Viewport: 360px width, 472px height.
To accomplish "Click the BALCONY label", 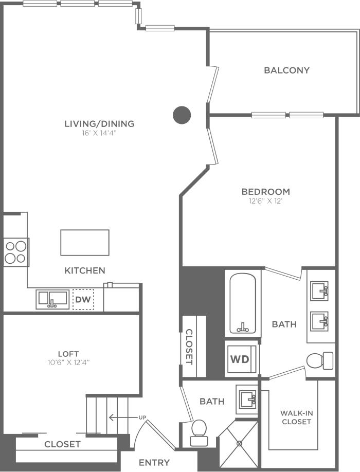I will click(286, 70).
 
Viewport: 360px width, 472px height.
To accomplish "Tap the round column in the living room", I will click(182, 115).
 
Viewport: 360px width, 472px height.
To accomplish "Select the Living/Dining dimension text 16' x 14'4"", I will click(99, 133).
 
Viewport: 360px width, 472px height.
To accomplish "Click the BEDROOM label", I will click(265, 192).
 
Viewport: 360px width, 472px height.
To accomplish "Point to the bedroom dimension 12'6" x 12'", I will click(265, 201).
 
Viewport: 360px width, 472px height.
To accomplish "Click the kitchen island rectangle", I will click(85, 243).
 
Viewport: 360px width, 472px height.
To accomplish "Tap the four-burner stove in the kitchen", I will click(15, 252).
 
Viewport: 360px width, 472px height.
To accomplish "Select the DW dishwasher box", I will click(83, 299).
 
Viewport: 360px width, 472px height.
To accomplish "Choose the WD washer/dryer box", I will click(239, 359).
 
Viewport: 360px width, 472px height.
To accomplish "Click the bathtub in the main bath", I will click(243, 304).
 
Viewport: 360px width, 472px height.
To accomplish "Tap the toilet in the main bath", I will click(319, 360).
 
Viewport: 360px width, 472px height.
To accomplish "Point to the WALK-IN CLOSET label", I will click(296, 417).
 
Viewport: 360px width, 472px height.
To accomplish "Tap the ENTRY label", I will click(154, 463).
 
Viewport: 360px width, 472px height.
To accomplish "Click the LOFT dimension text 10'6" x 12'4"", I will click(68, 362).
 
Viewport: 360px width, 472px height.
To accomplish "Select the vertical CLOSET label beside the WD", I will click(189, 347).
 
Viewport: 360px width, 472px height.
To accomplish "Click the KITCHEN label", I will click(85, 270).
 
